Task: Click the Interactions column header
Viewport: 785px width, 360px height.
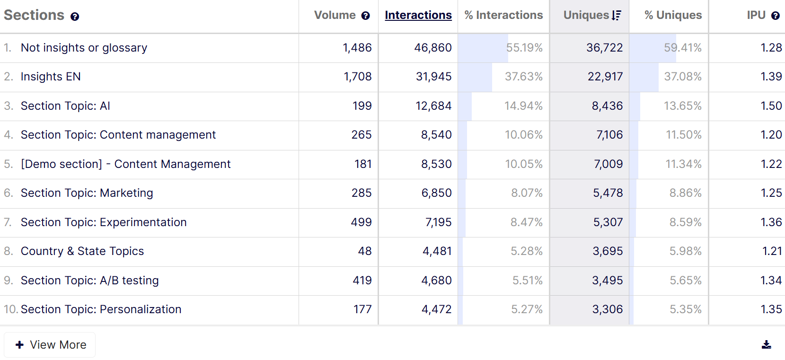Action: [x=418, y=15]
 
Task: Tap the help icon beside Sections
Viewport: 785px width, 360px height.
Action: [x=75, y=17]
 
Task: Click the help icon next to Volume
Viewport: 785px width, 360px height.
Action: [x=365, y=16]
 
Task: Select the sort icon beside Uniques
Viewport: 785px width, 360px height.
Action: [x=616, y=16]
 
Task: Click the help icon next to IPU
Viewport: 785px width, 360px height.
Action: [x=775, y=16]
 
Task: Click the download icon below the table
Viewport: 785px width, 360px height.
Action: [x=766, y=345]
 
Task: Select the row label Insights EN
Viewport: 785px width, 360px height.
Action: [x=51, y=77]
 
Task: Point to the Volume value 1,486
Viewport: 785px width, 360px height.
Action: [x=357, y=48]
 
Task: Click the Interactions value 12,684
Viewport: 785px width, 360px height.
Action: [x=433, y=106]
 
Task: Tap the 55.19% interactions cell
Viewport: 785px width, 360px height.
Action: [x=524, y=48]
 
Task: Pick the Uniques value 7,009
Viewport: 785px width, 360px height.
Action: [x=608, y=164]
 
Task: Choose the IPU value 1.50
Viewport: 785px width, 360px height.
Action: [x=771, y=106]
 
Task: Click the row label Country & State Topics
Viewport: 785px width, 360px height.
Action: [x=82, y=251]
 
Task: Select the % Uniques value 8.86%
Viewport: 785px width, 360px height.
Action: [x=685, y=193]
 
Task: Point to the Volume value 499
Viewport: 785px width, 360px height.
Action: [x=361, y=222]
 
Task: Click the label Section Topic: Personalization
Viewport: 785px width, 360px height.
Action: [x=101, y=309]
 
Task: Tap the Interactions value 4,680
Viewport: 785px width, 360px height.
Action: [x=436, y=281]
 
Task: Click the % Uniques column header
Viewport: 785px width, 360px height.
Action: [x=673, y=15]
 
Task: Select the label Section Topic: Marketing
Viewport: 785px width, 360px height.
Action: [x=87, y=193]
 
